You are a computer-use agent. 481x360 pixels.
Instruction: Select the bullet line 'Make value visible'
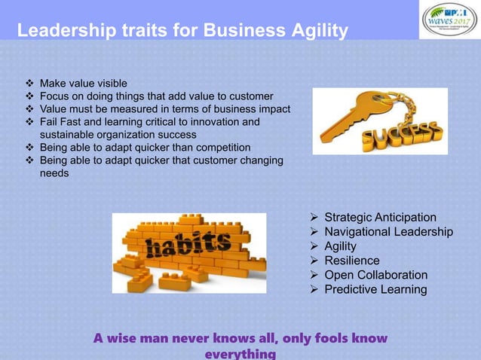tap(83, 83)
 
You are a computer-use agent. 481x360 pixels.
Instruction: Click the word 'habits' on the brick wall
tap(189, 246)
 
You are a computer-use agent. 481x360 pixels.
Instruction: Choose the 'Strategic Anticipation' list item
tap(380, 218)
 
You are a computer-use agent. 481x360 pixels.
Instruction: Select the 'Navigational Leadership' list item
tap(388, 232)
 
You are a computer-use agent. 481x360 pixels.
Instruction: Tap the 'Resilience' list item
tap(352, 261)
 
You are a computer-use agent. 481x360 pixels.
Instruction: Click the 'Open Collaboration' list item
tap(375, 275)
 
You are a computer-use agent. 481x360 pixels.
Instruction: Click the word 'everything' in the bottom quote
tap(240, 353)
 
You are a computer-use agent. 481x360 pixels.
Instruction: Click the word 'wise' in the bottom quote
tap(124, 338)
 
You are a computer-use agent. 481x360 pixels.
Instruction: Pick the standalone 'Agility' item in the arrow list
tap(340, 246)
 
